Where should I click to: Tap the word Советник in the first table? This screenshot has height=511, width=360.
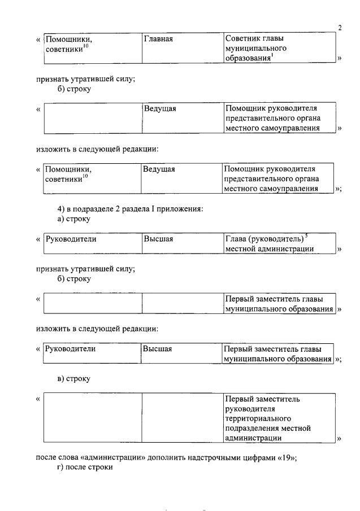coord(244,39)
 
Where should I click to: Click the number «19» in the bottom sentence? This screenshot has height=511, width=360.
coord(287,458)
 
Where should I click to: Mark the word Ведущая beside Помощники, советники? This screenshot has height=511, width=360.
coord(159,169)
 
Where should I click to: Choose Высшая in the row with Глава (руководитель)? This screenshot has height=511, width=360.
coord(158,239)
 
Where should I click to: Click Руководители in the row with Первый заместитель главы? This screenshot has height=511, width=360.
coord(71,349)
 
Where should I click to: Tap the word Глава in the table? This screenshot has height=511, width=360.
coord(236,239)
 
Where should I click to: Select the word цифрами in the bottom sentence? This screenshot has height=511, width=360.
coord(263,458)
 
